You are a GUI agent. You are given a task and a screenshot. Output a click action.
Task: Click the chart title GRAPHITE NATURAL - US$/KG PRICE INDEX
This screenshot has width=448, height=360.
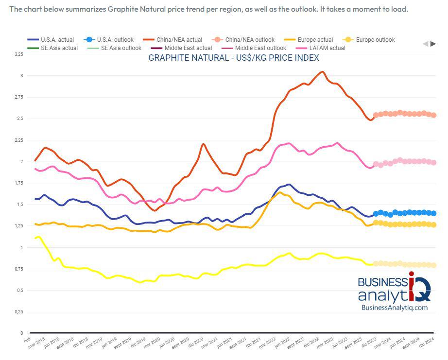coord(233,58)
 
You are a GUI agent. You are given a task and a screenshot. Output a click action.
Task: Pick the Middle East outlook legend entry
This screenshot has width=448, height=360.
coord(260,48)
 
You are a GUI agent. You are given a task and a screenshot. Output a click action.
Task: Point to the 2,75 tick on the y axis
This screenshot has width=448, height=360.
coord(18,97)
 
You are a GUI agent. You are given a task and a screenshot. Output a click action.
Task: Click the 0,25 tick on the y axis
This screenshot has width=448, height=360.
coord(18,312)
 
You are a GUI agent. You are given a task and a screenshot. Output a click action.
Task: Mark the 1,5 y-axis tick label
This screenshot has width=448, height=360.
coord(19,205)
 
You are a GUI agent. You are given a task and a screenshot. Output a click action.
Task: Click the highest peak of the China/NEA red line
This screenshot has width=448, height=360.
coord(322,72)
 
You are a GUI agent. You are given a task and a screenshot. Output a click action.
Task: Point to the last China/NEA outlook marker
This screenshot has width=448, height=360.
coord(433,115)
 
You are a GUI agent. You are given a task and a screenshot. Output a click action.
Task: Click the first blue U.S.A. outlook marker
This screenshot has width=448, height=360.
coord(376,214)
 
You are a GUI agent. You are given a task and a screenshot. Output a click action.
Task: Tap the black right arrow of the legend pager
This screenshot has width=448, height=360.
coord(433,44)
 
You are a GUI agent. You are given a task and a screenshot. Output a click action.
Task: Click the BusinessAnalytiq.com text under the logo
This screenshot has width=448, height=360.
coord(395,307)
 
